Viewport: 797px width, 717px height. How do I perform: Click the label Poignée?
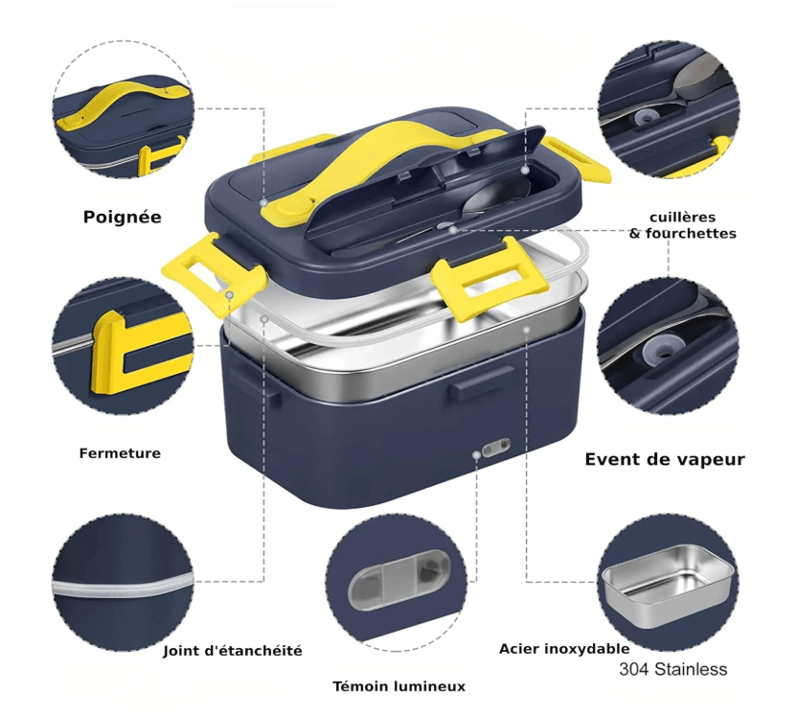coord(123,218)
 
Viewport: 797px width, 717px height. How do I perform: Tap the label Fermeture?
coord(120,453)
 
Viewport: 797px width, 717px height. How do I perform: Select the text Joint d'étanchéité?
coord(233,651)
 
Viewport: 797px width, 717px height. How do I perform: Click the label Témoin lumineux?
coord(398,686)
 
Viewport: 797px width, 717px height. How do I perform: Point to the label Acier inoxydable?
coord(564,649)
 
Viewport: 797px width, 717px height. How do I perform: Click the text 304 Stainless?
coord(673,670)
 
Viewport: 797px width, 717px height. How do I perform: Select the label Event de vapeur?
coord(665,460)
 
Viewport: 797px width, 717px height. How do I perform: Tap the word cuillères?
coord(682,217)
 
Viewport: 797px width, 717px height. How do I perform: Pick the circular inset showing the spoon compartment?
coord(667,113)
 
